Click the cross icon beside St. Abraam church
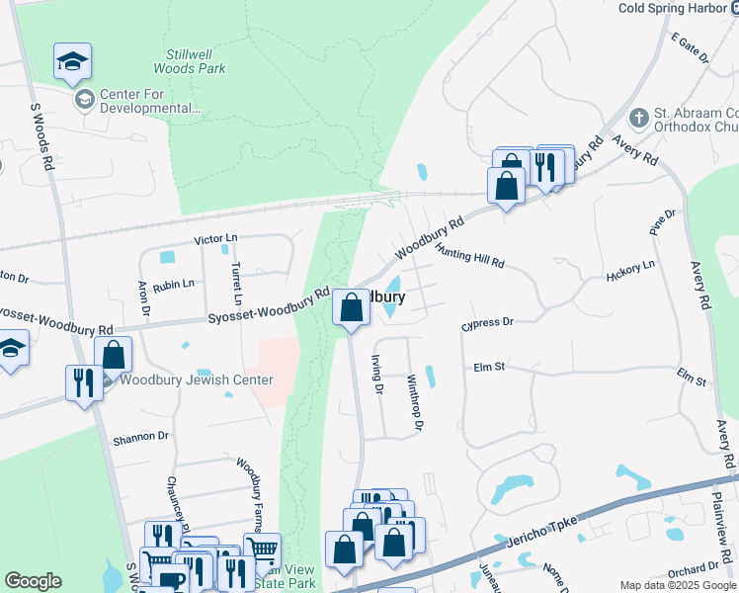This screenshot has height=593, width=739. coord(639,118)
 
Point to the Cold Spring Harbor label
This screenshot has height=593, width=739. coord(679,8)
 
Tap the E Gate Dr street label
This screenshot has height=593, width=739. coord(690,48)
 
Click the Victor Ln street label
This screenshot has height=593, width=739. coord(216,239)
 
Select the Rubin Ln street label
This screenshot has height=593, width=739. coord(174,283)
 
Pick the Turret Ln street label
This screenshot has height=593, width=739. coord(236,283)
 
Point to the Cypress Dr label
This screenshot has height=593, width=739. coord(488,323)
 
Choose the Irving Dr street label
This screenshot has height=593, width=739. coord(376,374)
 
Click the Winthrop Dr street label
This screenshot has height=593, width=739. coord(415,401)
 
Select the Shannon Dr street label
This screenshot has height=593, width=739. coord(141,435)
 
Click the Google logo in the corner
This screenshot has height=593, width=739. coord(33,581)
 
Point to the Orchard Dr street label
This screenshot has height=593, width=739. coord(694,568)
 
